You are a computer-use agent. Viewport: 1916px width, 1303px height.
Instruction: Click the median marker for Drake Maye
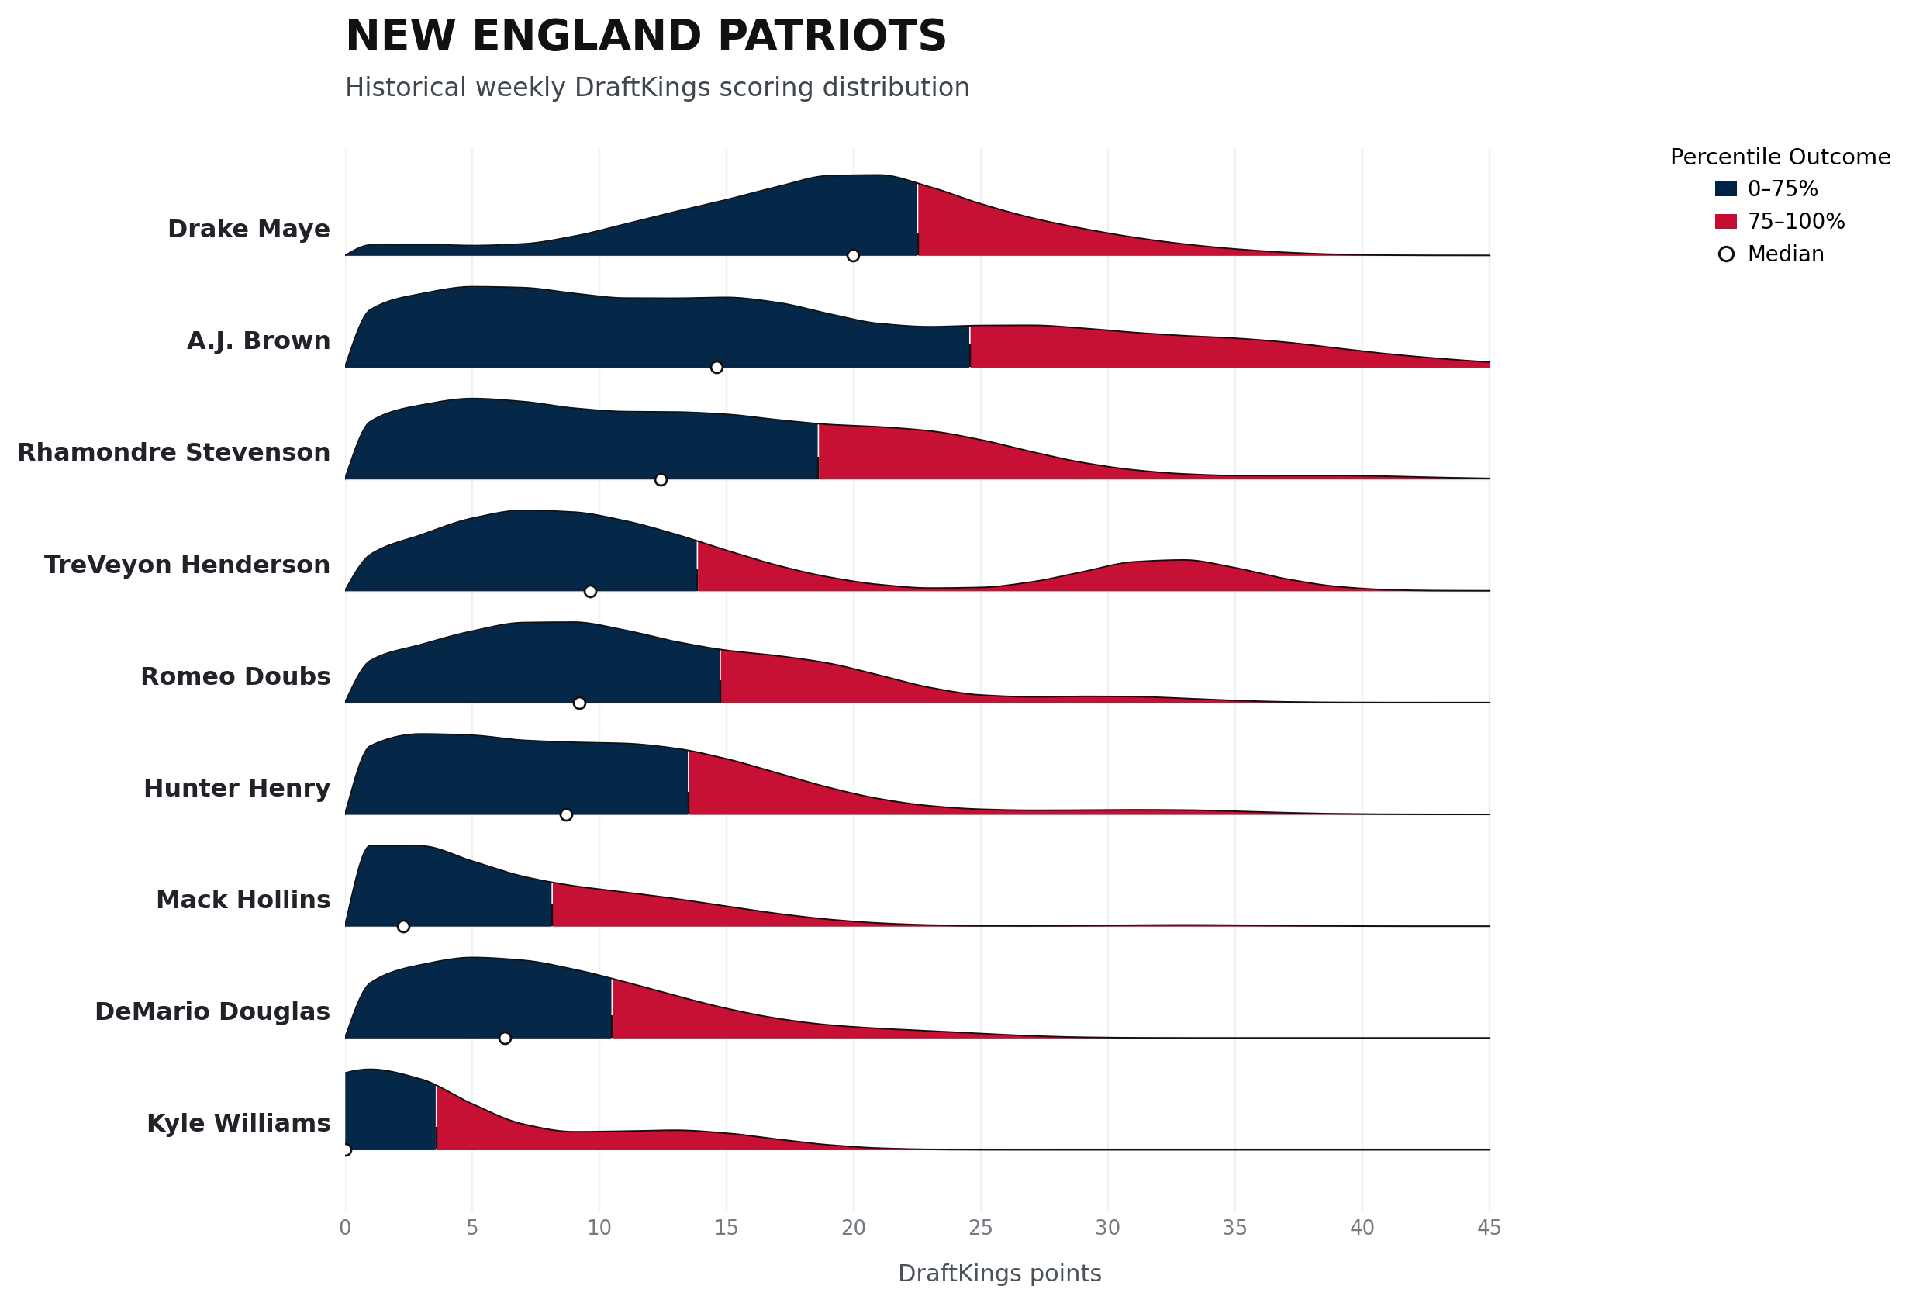pyautogui.click(x=853, y=256)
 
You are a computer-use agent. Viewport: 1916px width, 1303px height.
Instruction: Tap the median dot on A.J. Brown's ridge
pyautogui.click(x=716, y=367)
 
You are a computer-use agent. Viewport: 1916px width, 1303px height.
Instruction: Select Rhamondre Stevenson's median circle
pyautogui.click(x=661, y=480)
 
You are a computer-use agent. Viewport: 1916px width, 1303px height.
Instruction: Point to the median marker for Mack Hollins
pyautogui.click(x=403, y=926)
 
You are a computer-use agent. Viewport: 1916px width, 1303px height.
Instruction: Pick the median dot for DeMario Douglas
pyautogui.click(x=505, y=1038)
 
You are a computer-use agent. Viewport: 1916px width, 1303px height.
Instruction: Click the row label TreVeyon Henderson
pyautogui.click(x=187, y=565)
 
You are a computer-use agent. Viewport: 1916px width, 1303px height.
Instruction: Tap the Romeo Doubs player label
pyautogui.click(x=236, y=676)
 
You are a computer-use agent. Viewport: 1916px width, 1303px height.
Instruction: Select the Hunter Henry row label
pyautogui.click(x=237, y=789)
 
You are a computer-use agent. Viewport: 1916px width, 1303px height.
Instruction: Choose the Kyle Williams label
pyautogui.click(x=239, y=1123)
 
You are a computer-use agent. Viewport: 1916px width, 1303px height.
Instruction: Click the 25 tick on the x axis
pyautogui.click(x=980, y=1228)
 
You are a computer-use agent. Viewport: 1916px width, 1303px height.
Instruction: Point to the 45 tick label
pyautogui.click(x=1489, y=1228)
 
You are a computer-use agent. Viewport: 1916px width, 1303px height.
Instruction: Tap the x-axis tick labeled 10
pyautogui.click(x=599, y=1228)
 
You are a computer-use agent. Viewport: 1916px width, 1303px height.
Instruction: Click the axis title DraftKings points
pyautogui.click(x=999, y=1274)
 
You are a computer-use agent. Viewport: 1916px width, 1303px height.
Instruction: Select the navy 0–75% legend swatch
pyautogui.click(x=1725, y=188)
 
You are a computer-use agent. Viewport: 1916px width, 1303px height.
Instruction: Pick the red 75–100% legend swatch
pyautogui.click(x=1725, y=221)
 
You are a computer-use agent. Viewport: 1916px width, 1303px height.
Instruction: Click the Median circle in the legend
pyautogui.click(x=1726, y=254)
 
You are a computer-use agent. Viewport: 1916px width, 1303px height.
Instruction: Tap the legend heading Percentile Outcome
pyautogui.click(x=1780, y=157)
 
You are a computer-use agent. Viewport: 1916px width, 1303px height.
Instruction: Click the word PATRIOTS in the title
pyautogui.click(x=832, y=36)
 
